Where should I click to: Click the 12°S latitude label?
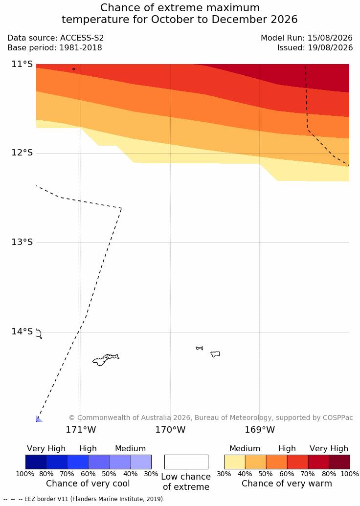click(22, 153)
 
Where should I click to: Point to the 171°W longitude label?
click(81, 430)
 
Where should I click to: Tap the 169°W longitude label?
click(260, 430)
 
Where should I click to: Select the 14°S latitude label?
click(22, 331)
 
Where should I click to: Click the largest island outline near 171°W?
click(106, 360)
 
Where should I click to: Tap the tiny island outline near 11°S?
click(74, 69)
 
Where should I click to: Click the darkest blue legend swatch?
click(36, 462)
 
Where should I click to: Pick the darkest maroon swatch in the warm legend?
click(339, 462)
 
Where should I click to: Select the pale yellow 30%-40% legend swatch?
click(235, 462)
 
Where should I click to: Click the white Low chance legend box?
click(186, 462)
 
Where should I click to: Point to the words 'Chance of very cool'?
click(88, 484)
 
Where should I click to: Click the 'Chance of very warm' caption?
click(287, 484)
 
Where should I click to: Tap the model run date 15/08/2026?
click(330, 38)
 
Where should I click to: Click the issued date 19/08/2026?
click(330, 48)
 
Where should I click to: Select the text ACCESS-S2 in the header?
click(82, 38)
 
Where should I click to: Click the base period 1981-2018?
click(80, 48)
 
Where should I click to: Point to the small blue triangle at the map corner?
click(39, 419)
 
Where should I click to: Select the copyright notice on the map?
click(211, 418)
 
